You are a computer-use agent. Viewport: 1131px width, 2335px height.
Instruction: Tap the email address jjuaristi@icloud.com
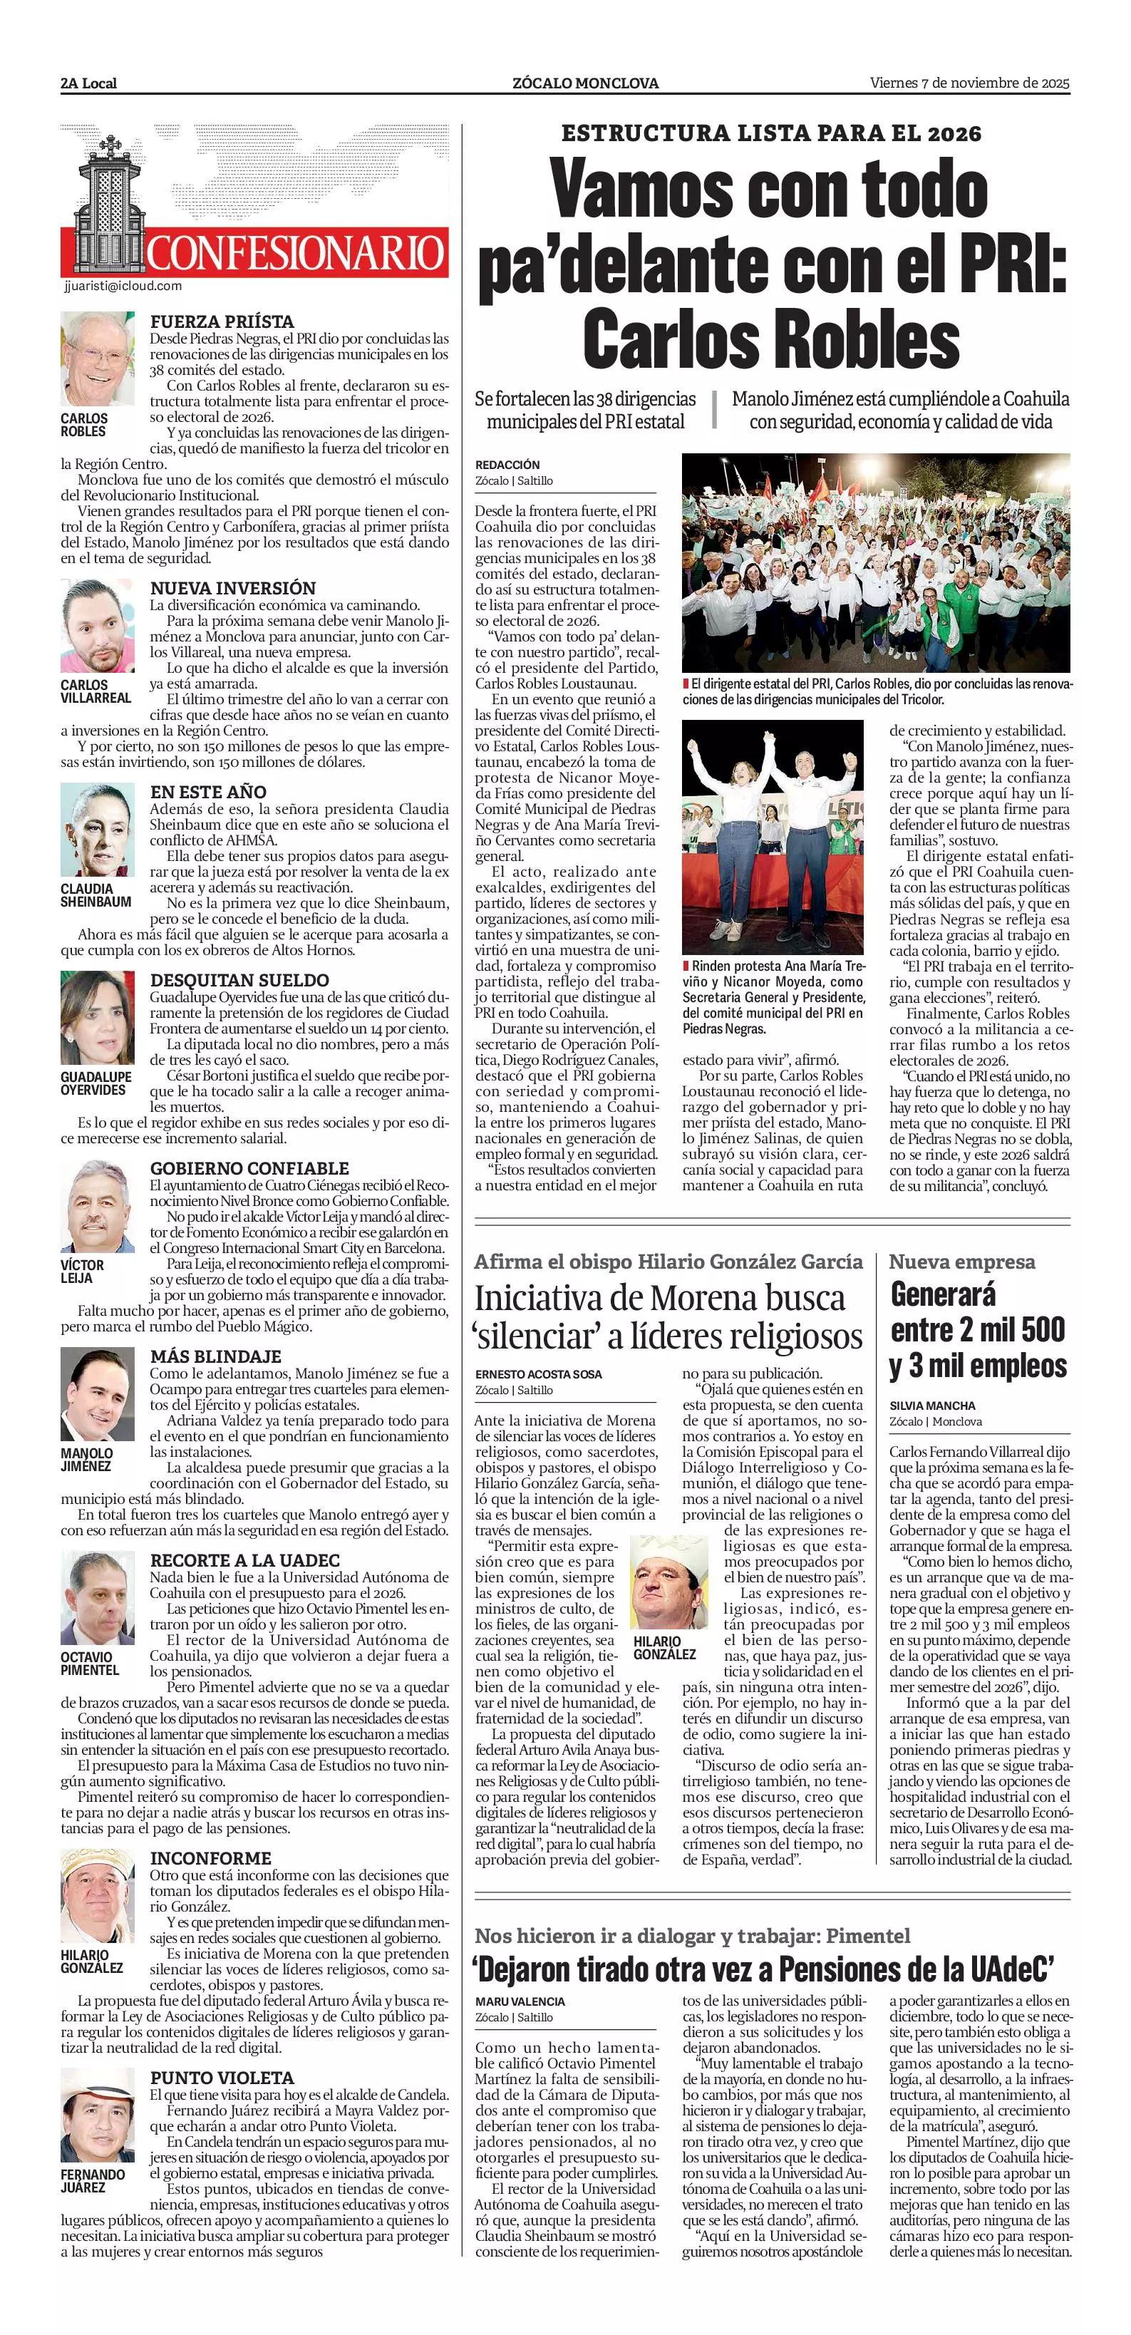click(123, 286)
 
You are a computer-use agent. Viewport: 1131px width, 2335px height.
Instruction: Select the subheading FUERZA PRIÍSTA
click(222, 321)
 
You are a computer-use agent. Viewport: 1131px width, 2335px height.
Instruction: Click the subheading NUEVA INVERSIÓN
click(233, 588)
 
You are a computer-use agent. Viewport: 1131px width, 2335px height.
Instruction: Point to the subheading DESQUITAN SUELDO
click(239, 980)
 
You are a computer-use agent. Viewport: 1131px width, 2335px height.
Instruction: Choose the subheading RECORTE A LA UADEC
click(244, 1560)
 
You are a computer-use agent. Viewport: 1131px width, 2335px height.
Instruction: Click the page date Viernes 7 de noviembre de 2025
click(970, 83)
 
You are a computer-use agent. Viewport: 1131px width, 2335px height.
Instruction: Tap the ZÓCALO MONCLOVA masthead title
click(585, 83)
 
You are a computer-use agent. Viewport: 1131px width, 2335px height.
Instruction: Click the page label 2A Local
click(89, 83)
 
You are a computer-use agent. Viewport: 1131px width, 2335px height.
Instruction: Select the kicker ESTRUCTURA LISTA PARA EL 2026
click(770, 133)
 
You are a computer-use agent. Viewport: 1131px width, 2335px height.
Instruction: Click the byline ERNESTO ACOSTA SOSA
click(538, 1374)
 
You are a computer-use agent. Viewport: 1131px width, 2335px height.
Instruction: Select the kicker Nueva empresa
click(961, 1262)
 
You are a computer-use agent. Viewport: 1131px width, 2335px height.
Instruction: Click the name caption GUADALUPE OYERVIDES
click(96, 1083)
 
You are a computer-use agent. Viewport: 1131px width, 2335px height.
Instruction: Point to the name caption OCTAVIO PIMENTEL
click(90, 1664)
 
